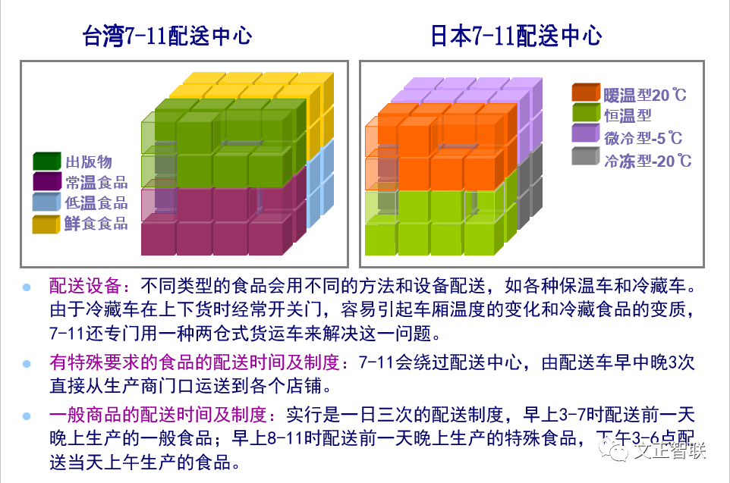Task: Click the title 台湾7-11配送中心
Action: [168, 36]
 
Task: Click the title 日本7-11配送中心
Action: [516, 36]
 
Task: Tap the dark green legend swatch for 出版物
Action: [46, 161]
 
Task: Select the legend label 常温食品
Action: [96, 182]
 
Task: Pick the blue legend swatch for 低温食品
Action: [46, 202]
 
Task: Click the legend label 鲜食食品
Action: [96, 224]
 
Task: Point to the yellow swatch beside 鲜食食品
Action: [46, 224]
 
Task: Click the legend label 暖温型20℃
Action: [645, 95]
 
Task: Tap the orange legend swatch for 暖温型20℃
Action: [586, 93]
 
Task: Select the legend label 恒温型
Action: [628, 115]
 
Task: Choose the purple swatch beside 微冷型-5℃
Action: [586, 133]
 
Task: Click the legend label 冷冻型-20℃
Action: [647, 161]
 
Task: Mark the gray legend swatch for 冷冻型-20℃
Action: [586, 156]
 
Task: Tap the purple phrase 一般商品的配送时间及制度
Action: [159, 415]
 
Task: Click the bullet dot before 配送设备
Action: [27, 287]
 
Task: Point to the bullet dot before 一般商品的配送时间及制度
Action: [27, 416]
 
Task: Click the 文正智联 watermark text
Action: [669, 450]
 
